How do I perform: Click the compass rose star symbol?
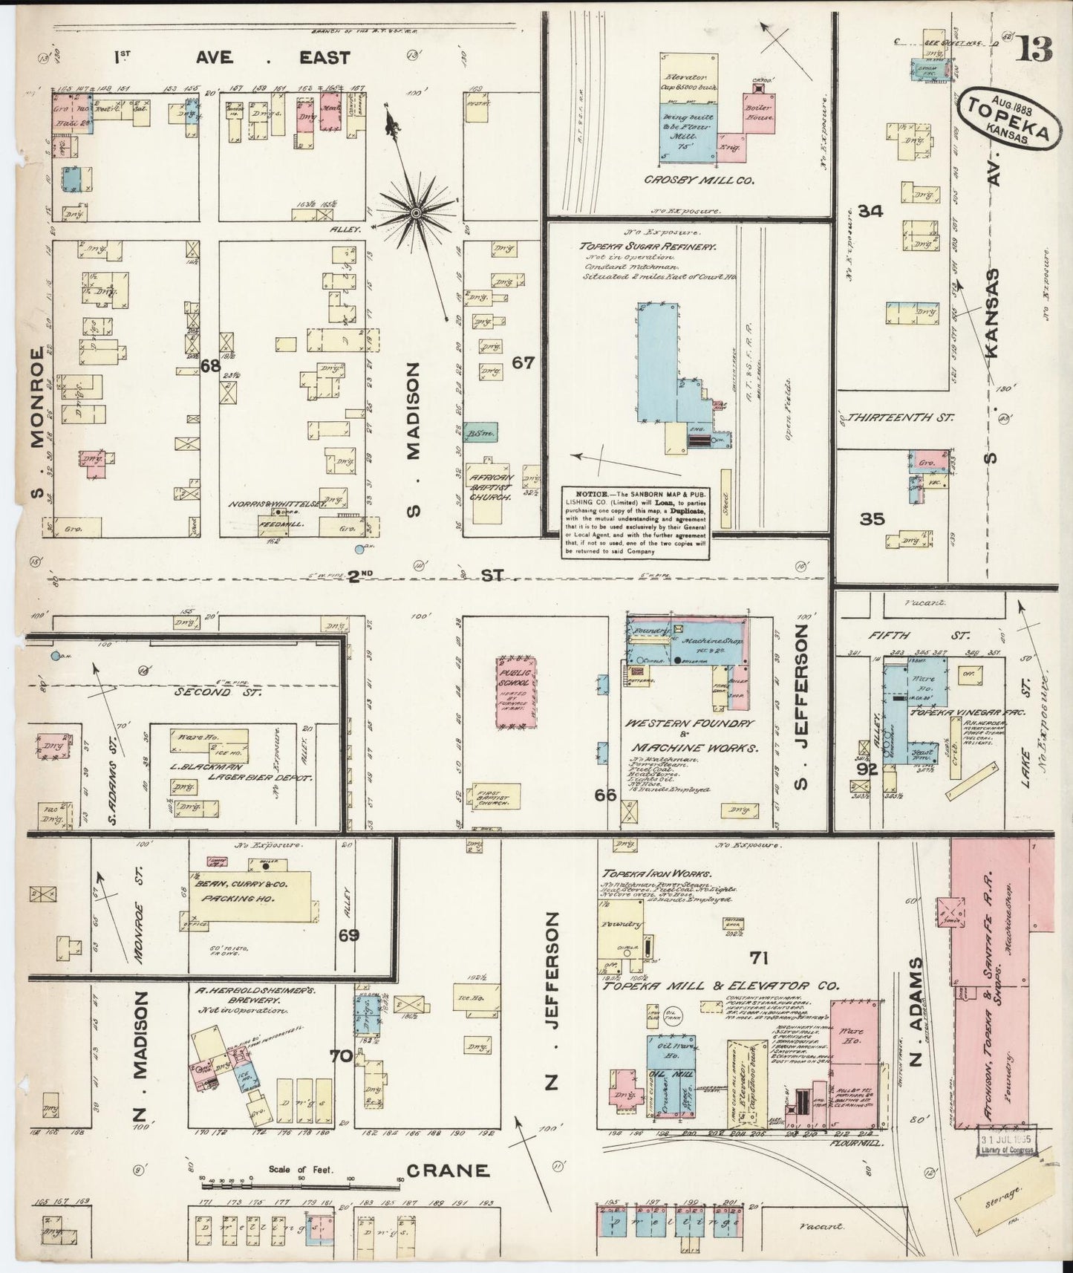[x=416, y=212]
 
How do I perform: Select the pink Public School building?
[x=517, y=691]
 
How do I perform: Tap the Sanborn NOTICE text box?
[x=635, y=522]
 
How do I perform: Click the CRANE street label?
[x=448, y=1171]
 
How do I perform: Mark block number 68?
[x=210, y=365]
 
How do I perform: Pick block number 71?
[x=759, y=957]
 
